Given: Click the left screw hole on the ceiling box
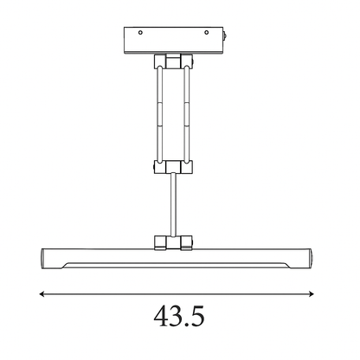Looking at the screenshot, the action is (x=140, y=33).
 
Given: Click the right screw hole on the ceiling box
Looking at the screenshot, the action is (x=206, y=32).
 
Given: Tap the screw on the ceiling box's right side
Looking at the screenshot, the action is (x=225, y=36).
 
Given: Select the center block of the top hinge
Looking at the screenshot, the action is (x=173, y=61).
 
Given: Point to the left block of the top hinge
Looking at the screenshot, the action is (x=160, y=61).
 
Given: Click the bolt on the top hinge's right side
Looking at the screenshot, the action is (x=193, y=61).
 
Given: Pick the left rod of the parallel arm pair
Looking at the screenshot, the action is (x=160, y=115).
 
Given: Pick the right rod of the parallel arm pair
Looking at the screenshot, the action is (x=187, y=115).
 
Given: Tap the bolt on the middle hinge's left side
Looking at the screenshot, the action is (x=153, y=167).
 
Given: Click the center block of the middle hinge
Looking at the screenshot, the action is (x=173, y=167).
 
